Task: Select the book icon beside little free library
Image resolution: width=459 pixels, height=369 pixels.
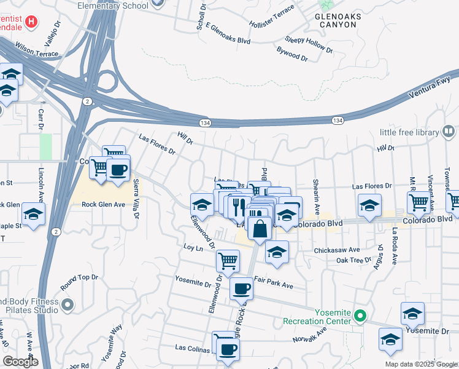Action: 449,132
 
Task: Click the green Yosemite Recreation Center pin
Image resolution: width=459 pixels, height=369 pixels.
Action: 361,317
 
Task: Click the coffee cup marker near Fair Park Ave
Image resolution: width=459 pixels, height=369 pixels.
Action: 241,288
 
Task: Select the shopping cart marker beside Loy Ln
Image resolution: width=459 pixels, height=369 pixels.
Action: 228,261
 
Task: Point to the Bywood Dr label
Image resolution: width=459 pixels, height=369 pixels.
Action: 291,53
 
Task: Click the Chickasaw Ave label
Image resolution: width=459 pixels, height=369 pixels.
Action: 336,250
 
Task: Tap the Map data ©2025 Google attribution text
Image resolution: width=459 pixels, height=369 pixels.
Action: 421,364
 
